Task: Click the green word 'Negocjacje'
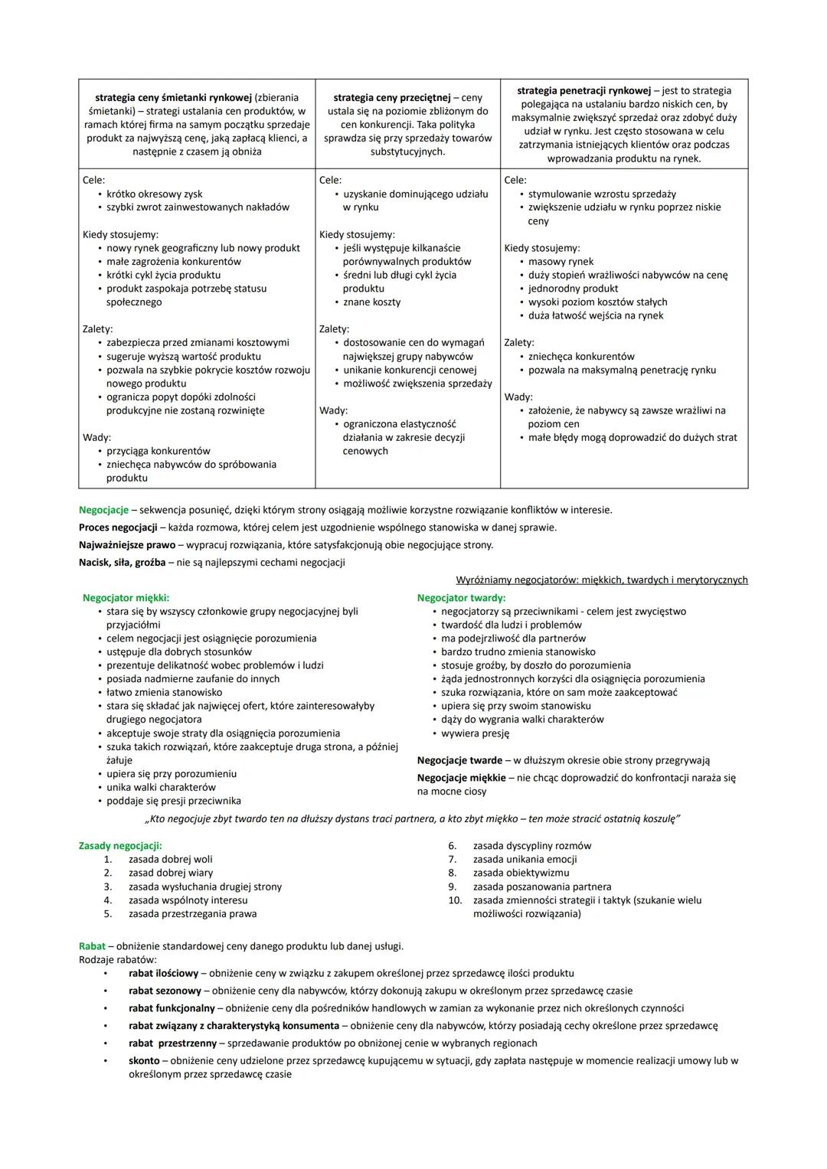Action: [x=103, y=510]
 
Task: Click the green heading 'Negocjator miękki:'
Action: [x=126, y=598]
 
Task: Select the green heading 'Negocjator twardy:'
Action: [x=461, y=598]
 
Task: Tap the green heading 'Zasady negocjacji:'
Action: [x=120, y=846]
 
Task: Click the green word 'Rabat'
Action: [x=92, y=946]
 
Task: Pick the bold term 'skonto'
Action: [x=144, y=1061]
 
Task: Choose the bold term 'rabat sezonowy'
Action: [x=165, y=991]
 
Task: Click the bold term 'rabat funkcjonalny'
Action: [x=172, y=1008]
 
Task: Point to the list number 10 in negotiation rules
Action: [x=455, y=900]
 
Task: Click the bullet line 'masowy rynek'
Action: [x=561, y=262]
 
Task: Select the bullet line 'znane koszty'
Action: [x=371, y=302]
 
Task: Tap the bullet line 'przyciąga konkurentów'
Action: [x=158, y=451]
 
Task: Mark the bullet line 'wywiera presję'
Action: [x=475, y=733]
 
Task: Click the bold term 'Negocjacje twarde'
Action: [x=459, y=761]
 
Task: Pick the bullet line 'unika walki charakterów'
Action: [x=161, y=788]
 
